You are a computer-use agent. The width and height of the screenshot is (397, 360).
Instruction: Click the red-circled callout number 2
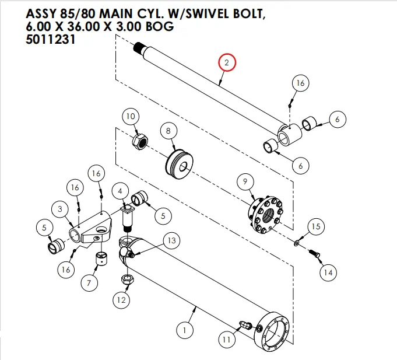(227, 62)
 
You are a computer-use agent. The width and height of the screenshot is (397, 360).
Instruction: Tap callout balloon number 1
(185, 331)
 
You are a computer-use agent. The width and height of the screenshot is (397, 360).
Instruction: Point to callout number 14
(328, 272)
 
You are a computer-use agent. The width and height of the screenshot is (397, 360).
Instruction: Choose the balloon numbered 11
(226, 338)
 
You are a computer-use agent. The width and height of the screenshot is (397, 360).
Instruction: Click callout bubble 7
(89, 284)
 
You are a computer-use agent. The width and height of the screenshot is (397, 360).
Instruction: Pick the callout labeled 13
(171, 240)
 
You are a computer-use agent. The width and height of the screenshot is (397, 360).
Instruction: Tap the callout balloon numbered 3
(59, 209)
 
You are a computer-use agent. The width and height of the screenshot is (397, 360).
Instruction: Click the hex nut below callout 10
(140, 142)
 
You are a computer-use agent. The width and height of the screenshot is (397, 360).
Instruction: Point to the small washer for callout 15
(298, 241)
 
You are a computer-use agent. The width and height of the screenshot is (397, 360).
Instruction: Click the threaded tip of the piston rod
(138, 46)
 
